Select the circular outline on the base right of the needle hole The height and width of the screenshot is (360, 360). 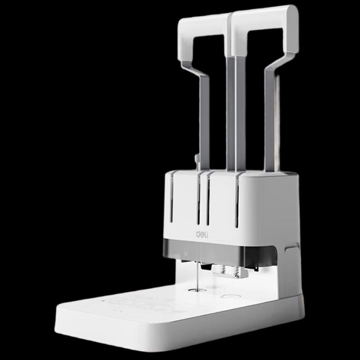(x=230, y=297)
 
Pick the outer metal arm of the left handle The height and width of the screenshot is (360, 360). (x=202, y=117)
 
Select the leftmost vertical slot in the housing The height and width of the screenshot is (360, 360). (x=171, y=198)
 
